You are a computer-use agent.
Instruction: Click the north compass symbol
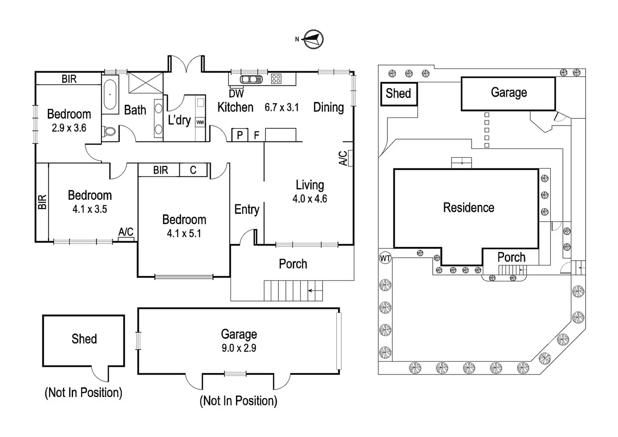313,39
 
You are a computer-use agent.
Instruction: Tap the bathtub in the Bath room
110,95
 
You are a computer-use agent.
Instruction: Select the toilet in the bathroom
110,131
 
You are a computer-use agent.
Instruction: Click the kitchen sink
251,79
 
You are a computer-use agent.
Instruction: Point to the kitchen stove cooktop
276,79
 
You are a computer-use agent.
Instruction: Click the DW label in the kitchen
236,93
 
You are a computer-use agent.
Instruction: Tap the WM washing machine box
200,122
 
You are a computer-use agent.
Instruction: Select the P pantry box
240,135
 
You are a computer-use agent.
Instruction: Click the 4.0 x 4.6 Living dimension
310,199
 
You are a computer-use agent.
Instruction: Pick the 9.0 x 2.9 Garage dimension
239,348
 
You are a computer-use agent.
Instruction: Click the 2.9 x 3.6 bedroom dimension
69,128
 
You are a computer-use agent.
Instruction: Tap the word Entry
247,209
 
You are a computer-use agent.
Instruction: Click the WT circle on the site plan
385,258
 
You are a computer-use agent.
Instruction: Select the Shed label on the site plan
398,93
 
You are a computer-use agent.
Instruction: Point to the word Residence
469,207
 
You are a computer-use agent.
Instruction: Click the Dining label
328,107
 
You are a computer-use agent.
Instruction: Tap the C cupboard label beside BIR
193,170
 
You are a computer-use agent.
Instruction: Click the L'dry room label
179,120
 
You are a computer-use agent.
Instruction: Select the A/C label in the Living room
343,158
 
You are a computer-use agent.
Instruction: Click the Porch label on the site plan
511,257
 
